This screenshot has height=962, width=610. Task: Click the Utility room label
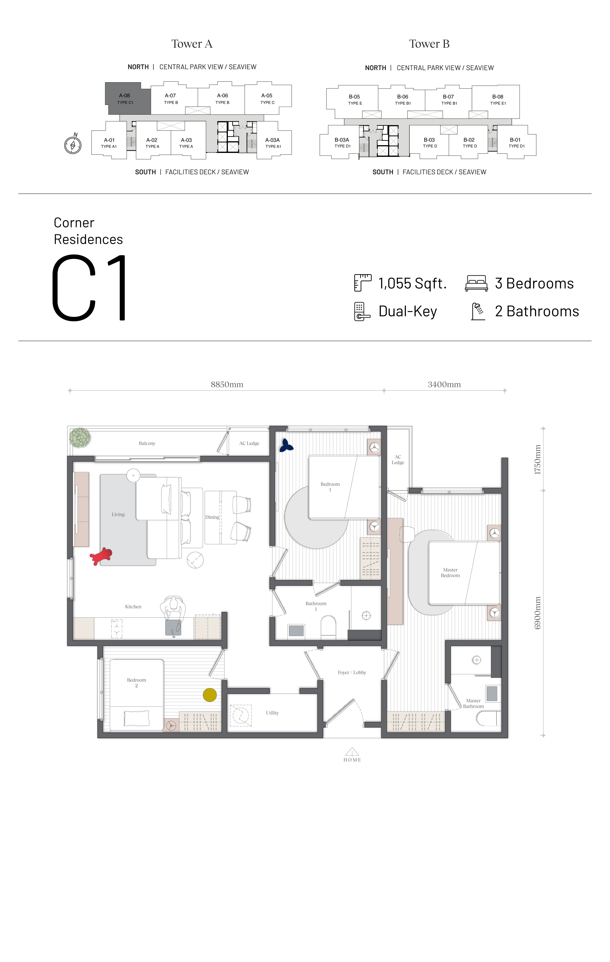pos(272,713)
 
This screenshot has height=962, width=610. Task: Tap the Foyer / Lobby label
pos(352,672)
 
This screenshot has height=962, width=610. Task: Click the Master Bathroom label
pos(473,703)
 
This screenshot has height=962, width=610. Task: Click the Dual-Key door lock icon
pos(362,312)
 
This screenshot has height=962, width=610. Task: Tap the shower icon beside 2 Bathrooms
pos(478,312)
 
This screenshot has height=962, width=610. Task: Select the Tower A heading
pos(192,44)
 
